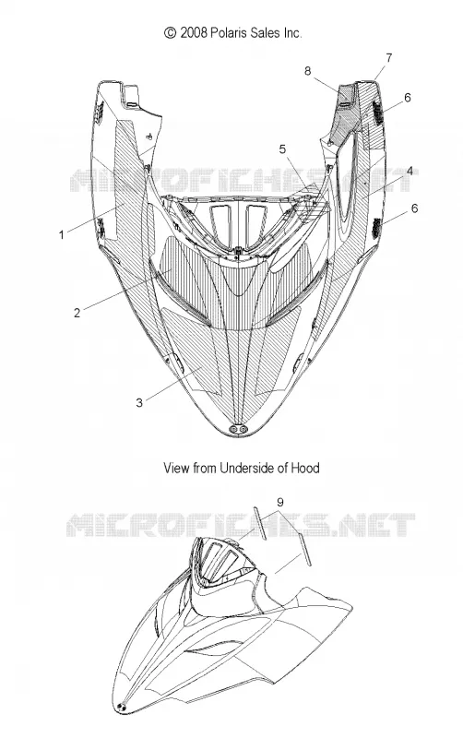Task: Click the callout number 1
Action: (61, 234)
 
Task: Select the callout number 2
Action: (77, 313)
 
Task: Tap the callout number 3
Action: (138, 403)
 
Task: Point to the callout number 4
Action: (410, 171)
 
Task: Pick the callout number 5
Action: (282, 149)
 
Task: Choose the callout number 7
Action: (388, 58)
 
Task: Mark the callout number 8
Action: (307, 71)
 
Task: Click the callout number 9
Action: (280, 502)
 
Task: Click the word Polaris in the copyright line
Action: (226, 32)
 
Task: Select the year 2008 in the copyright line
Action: (193, 32)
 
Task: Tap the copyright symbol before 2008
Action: (170, 32)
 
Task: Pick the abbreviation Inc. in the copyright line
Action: (292, 32)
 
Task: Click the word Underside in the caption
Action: (247, 468)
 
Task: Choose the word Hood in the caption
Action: (305, 468)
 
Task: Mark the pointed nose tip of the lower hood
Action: (122, 708)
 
